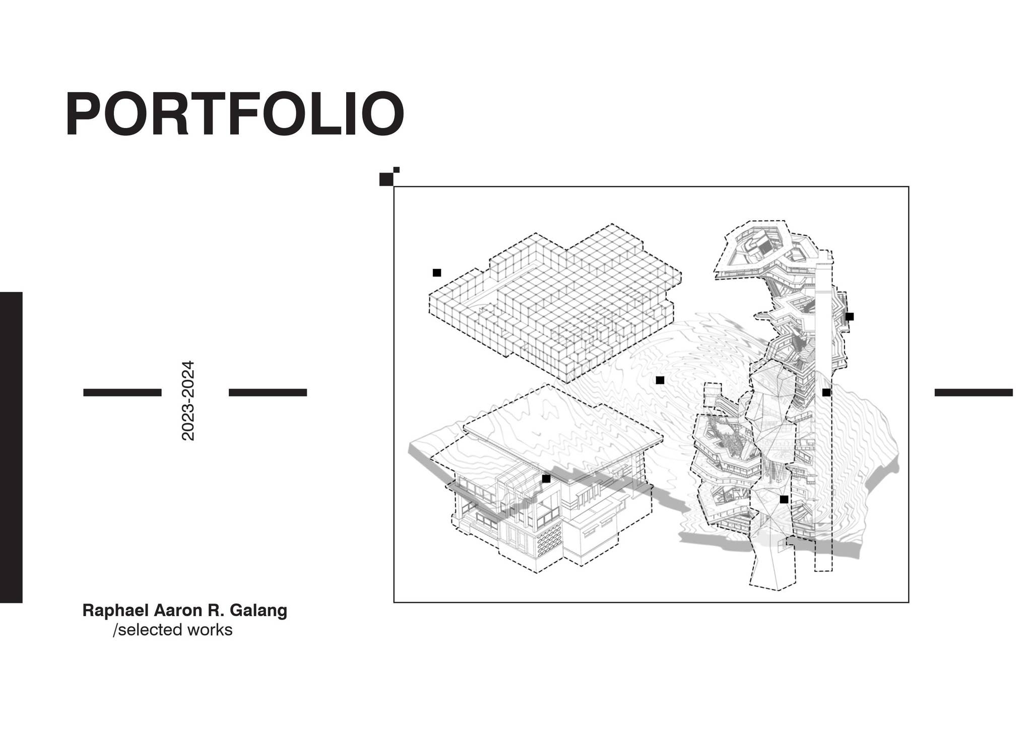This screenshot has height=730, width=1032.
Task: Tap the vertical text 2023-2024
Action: point(188,401)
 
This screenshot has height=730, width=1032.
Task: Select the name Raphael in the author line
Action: point(115,611)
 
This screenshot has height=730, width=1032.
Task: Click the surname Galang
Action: point(259,611)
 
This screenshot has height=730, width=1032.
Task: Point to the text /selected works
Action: point(173,630)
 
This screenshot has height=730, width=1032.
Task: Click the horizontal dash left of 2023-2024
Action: point(122,392)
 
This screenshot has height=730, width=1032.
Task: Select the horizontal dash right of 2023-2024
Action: point(268,392)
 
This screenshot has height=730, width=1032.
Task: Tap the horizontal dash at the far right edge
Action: point(974,392)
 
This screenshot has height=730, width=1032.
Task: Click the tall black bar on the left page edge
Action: point(11,447)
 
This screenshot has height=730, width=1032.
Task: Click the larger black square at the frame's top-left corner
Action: point(386,179)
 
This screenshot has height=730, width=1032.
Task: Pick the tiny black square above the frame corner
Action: point(397,170)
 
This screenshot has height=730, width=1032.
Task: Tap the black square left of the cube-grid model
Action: point(437,273)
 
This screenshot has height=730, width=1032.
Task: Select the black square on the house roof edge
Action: point(546,479)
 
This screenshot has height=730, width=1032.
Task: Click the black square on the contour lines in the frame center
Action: point(660,380)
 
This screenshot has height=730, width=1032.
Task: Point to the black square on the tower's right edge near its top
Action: point(850,316)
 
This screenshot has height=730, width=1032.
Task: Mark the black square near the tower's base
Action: point(784,499)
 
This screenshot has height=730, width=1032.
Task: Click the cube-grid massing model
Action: point(554,302)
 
